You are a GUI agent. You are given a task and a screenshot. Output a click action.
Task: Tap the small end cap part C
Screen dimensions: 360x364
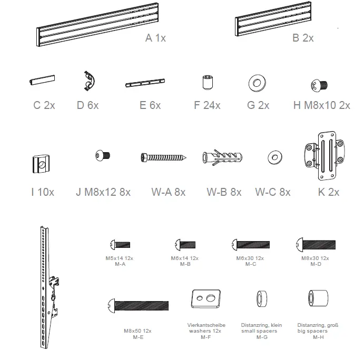pos(42,80)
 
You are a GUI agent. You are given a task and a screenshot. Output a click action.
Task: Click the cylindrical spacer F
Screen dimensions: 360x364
pos(207,83)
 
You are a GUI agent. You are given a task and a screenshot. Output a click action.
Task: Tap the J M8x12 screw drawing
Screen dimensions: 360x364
pos(103,156)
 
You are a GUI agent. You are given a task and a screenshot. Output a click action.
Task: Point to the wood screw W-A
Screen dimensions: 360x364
pos(163,157)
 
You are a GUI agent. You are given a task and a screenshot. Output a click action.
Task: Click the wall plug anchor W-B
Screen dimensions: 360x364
pos(221,157)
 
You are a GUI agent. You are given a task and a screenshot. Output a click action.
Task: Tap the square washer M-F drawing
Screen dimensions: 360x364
pos(204,300)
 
